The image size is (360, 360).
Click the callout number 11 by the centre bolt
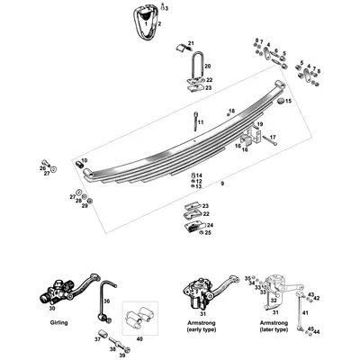pos(201,121)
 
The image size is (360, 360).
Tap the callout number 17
pos(274,137)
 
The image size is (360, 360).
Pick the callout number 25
pos(209,232)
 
